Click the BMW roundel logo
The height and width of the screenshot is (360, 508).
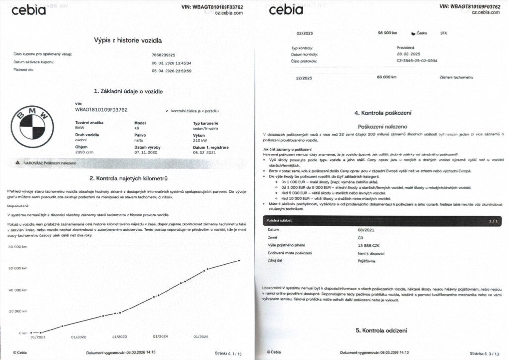[32, 124]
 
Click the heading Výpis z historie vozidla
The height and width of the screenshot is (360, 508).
[128, 40]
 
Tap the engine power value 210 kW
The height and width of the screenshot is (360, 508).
[200, 140]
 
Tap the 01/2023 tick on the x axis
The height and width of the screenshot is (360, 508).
[120, 337]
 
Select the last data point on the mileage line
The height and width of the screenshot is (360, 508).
[239, 260]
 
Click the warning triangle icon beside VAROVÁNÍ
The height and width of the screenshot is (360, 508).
[18, 162]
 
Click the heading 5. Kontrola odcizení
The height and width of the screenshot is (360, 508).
[382, 330]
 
